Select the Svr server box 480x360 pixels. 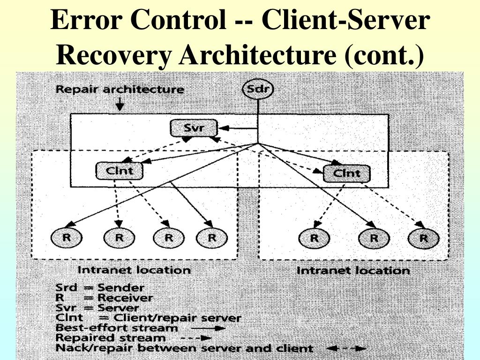tap(193, 127)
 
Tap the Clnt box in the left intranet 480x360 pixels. tap(120, 171)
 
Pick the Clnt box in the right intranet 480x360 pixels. tap(347, 174)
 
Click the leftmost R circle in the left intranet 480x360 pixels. tap(67, 238)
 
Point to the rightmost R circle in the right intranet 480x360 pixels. tap(423, 238)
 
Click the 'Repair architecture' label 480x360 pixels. tap(120, 89)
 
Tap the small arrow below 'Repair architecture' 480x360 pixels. tap(120, 104)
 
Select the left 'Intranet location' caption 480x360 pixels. tap(134, 270)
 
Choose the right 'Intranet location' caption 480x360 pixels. tap(353, 270)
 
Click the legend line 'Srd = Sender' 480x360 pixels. tap(100, 288)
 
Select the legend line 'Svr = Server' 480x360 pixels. tap(97, 308)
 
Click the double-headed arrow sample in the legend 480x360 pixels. tap(346, 348)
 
